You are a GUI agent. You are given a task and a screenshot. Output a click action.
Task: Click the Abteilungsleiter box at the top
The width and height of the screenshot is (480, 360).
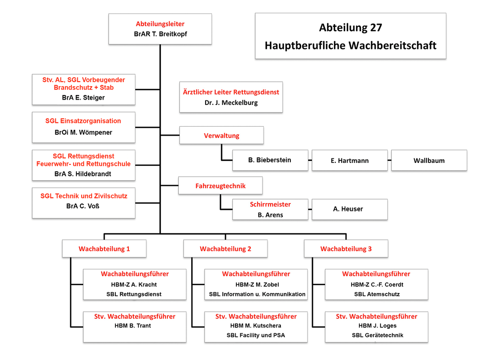(x=160, y=29)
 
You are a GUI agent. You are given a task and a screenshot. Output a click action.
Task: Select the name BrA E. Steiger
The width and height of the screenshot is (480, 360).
(x=83, y=98)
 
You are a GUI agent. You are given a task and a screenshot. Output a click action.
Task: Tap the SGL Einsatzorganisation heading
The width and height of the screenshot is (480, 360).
(x=83, y=121)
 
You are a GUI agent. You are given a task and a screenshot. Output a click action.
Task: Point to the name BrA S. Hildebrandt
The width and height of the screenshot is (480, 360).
(x=83, y=174)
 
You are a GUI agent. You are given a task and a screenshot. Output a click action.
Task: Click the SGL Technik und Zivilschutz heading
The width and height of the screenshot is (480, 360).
(x=84, y=196)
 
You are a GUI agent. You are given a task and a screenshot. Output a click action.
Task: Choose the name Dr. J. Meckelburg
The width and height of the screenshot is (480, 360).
(x=231, y=103)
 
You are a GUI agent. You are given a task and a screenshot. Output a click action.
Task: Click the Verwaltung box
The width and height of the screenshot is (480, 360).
(x=221, y=135)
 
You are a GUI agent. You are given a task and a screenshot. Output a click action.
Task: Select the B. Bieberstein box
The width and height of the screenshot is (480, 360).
(x=270, y=160)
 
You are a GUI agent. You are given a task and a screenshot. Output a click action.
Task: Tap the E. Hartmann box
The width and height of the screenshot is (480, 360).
(x=350, y=160)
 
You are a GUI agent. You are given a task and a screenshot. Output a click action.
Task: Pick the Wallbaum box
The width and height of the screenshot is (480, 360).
(x=429, y=160)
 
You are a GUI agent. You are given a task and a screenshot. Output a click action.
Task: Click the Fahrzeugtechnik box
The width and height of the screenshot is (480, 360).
(x=220, y=186)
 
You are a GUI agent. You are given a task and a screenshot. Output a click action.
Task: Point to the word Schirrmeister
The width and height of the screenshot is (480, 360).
(x=270, y=205)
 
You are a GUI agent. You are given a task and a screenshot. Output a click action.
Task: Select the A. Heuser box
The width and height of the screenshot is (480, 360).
(x=350, y=209)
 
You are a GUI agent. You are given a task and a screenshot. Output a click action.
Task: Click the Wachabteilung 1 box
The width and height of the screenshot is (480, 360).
(x=104, y=249)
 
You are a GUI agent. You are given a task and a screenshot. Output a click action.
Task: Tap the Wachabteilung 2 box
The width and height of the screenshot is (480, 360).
(x=225, y=249)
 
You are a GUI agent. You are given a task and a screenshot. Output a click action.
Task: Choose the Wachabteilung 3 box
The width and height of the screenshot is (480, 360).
(x=346, y=249)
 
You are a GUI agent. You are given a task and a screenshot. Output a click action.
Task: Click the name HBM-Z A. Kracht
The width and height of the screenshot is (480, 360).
(x=134, y=285)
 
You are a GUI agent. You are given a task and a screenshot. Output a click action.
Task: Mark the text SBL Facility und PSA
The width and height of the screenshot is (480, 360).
(x=256, y=335)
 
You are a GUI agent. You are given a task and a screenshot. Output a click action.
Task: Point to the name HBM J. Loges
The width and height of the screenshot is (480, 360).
(x=377, y=326)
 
